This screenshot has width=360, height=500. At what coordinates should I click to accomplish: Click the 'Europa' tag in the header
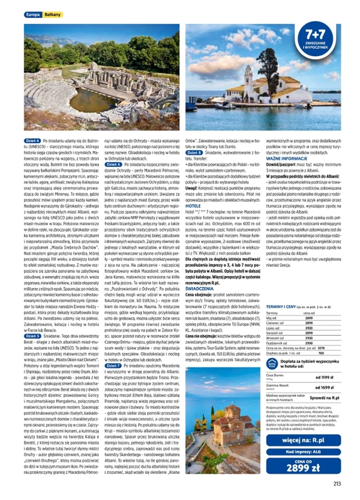tap(33, 15)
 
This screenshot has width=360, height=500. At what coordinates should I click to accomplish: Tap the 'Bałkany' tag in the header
tap(52, 15)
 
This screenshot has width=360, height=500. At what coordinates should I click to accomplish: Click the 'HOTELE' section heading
tap(193, 206)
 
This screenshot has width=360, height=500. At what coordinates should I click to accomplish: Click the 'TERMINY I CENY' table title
tap(281, 307)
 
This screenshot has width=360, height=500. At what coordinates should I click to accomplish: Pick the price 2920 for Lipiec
tap(309, 328)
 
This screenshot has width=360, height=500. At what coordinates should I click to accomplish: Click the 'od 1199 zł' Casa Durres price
tap(324, 377)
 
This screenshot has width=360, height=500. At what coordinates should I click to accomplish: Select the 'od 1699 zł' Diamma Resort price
tap(324, 388)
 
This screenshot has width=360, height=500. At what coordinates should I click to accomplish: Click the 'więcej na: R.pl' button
tap(303, 440)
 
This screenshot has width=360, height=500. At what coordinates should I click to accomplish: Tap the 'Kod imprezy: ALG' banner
tap(303, 452)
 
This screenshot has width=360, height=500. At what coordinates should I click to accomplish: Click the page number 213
tap(337, 485)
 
